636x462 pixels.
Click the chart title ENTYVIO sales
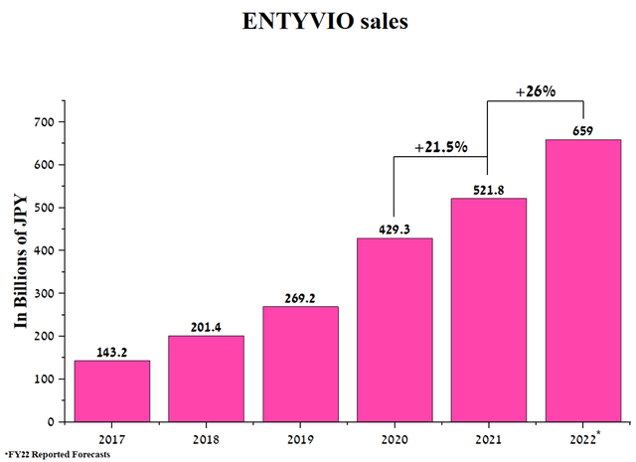(x=318, y=21)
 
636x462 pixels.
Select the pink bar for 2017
(x=111, y=390)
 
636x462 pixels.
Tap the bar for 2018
(x=206, y=379)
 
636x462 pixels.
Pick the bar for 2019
(x=300, y=364)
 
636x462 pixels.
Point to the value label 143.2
(x=111, y=352)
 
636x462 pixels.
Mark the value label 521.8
(x=488, y=190)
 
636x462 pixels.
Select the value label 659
(x=582, y=131)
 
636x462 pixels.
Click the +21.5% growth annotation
(x=441, y=147)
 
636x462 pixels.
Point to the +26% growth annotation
(x=535, y=91)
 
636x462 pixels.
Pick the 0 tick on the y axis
(x=55, y=421)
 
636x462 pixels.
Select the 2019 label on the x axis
(x=300, y=437)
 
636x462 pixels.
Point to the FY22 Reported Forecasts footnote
(x=56, y=454)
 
